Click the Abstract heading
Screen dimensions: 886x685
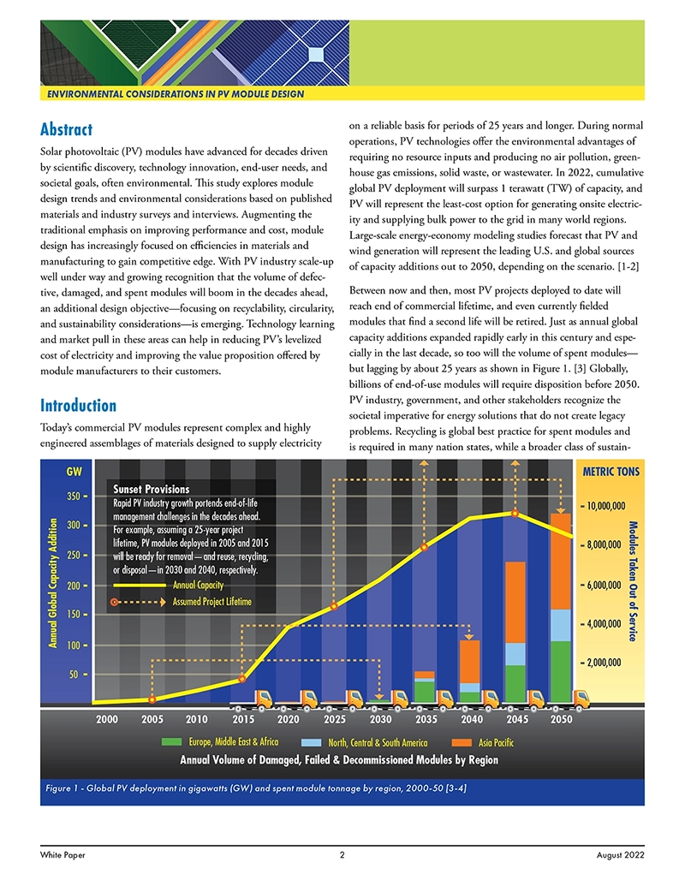(x=66, y=130)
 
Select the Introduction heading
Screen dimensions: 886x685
(x=78, y=405)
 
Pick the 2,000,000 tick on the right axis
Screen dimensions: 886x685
(x=616, y=663)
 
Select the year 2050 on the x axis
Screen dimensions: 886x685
(x=561, y=720)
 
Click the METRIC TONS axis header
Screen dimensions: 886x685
(x=611, y=472)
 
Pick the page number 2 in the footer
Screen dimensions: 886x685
(x=342, y=854)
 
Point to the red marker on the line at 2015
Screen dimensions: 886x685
(x=242, y=679)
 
